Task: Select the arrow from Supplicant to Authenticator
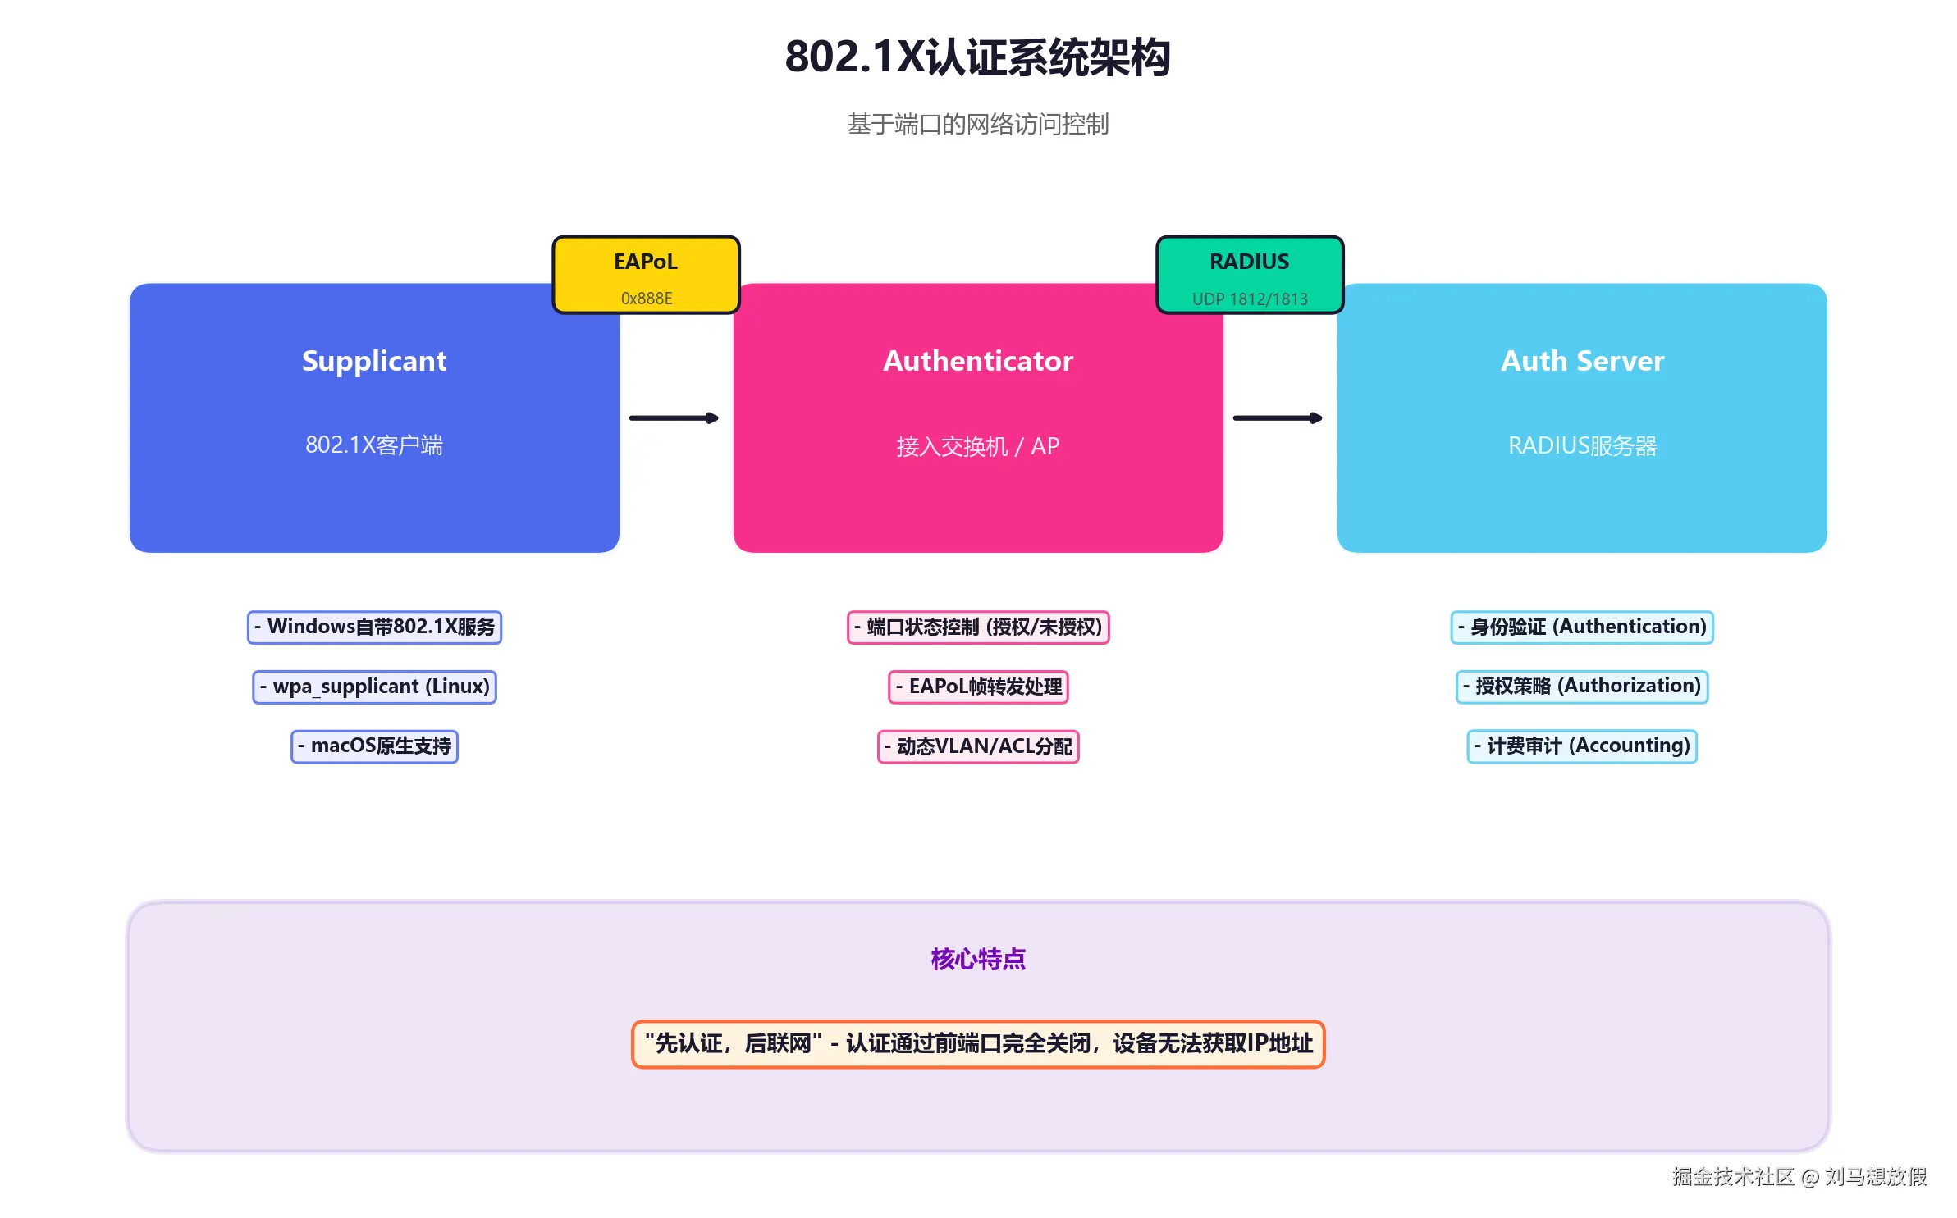click(673, 418)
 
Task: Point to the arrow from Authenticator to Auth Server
click(1277, 418)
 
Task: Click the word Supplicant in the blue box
click(374, 361)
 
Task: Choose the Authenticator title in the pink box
click(977, 361)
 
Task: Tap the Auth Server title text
click(1581, 361)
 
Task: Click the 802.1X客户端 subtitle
click(374, 445)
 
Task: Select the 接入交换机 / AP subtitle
click(977, 446)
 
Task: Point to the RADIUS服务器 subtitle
click(1581, 445)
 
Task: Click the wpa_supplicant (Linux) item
click(374, 687)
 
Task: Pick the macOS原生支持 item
click(374, 746)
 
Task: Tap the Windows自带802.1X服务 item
click(374, 627)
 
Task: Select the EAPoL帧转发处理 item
click(977, 687)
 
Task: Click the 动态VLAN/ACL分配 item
click(977, 746)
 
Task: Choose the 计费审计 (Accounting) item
click(1581, 746)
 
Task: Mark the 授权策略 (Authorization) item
click(1581, 687)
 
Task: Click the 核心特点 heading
click(977, 959)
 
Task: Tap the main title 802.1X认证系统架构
click(977, 57)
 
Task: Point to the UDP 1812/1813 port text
click(1249, 299)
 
